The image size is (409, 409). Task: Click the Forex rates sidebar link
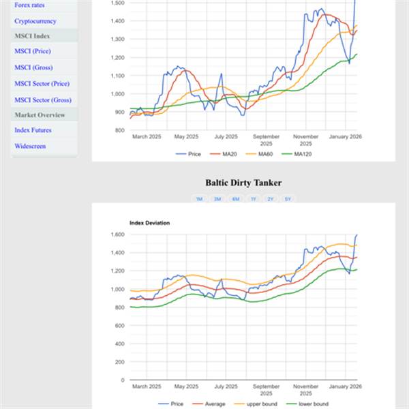coord(29,5)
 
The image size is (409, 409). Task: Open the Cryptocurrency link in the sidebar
coord(35,21)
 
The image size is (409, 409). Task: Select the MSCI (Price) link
coord(33,51)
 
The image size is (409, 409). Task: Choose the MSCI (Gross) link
coord(33,67)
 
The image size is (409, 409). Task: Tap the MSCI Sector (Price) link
coord(42,84)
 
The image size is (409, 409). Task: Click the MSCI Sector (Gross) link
coord(42,100)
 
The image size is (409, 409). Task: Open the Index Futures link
coord(33,130)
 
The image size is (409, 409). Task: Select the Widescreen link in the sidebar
coord(31,147)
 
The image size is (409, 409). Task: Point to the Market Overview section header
coord(40,115)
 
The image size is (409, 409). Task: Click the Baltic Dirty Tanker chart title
coord(243,183)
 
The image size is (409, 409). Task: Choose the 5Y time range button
coord(288,199)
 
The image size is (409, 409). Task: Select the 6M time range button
coord(235,199)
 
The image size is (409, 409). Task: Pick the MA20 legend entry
coord(229,154)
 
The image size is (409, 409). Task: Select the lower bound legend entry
coord(313,404)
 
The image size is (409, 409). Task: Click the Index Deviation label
coord(149,223)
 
